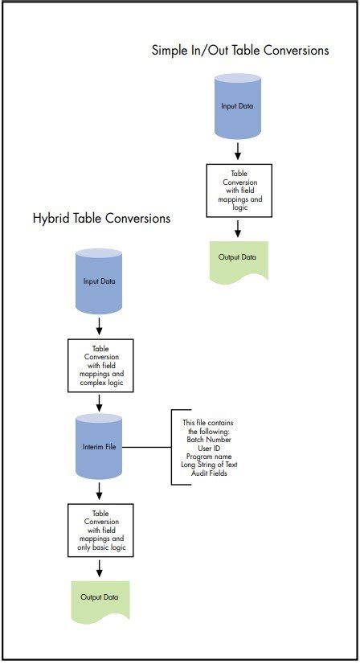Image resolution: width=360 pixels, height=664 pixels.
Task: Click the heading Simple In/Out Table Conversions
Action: coord(240,50)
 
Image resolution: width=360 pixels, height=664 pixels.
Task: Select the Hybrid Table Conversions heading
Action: coord(101,218)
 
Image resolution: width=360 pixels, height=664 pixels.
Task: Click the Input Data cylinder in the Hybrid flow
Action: coord(98,281)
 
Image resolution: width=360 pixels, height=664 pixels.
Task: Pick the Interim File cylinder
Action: coord(98,446)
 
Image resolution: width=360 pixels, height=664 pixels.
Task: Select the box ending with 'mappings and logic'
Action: coord(239,191)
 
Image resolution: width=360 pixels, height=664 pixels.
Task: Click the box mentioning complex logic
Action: coord(100,363)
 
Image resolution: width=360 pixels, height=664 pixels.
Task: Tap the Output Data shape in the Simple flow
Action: coord(238,260)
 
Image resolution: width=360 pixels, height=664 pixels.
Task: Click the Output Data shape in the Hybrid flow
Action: coord(100,599)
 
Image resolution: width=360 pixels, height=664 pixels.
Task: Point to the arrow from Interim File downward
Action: coord(98,490)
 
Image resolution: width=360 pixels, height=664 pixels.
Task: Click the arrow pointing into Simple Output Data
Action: coord(238,228)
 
